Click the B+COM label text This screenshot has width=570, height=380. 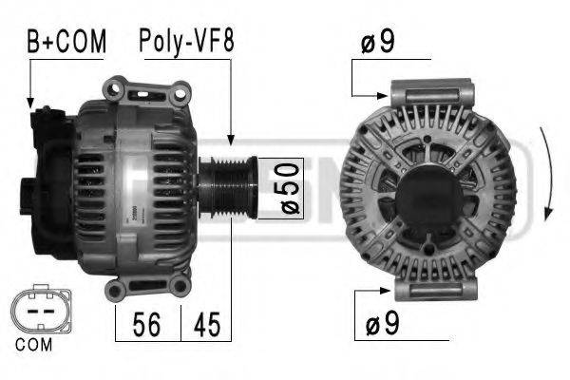(66, 41)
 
